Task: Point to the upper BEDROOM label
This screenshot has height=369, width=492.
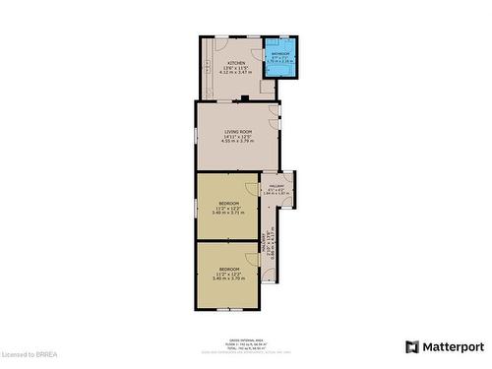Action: pyautogui.click(x=229, y=202)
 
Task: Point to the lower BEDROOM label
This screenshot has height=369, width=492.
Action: pyautogui.click(x=229, y=269)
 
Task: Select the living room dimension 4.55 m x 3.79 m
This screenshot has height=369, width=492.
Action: pyautogui.click(x=239, y=142)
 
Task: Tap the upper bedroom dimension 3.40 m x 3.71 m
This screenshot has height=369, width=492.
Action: pyautogui.click(x=229, y=213)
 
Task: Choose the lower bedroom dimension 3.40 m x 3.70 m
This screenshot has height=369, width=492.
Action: pyautogui.click(x=229, y=279)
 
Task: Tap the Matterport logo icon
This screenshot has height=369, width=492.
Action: pyautogui.click(x=411, y=346)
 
